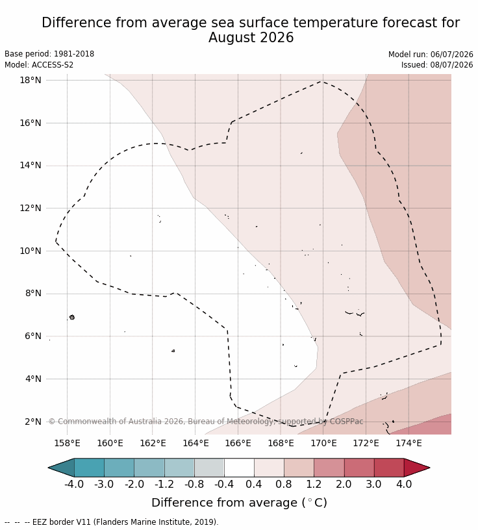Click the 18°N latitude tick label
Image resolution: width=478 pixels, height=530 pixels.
(x=31, y=80)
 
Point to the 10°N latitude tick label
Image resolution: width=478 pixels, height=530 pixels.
(x=31, y=251)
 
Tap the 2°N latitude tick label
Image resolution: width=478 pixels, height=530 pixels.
(x=32, y=422)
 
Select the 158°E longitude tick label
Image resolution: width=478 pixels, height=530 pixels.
(x=67, y=443)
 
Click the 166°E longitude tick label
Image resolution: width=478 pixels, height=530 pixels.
(x=238, y=443)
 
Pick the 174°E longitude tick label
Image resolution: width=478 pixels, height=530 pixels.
(x=409, y=443)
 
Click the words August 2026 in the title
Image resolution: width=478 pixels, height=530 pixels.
(x=251, y=38)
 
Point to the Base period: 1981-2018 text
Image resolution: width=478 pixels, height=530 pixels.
(x=49, y=54)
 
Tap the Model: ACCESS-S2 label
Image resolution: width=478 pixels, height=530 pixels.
(x=39, y=64)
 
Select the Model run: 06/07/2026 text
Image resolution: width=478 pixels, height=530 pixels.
(x=431, y=55)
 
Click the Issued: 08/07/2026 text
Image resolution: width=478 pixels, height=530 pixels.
(x=437, y=64)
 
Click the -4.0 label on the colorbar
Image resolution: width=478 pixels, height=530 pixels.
(x=74, y=484)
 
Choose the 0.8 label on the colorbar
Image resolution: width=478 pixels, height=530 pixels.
(x=284, y=484)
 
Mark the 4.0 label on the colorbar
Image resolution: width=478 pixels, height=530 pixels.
(x=404, y=484)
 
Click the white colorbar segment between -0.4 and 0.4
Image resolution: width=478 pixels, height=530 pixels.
(x=239, y=468)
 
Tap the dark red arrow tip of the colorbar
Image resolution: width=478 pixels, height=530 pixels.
(x=417, y=468)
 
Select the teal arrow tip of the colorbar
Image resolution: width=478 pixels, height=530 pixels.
(x=61, y=468)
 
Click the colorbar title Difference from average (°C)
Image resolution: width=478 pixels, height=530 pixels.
(x=240, y=503)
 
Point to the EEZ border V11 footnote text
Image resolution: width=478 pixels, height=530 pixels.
(x=125, y=522)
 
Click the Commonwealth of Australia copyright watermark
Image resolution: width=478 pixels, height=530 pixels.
(x=206, y=422)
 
